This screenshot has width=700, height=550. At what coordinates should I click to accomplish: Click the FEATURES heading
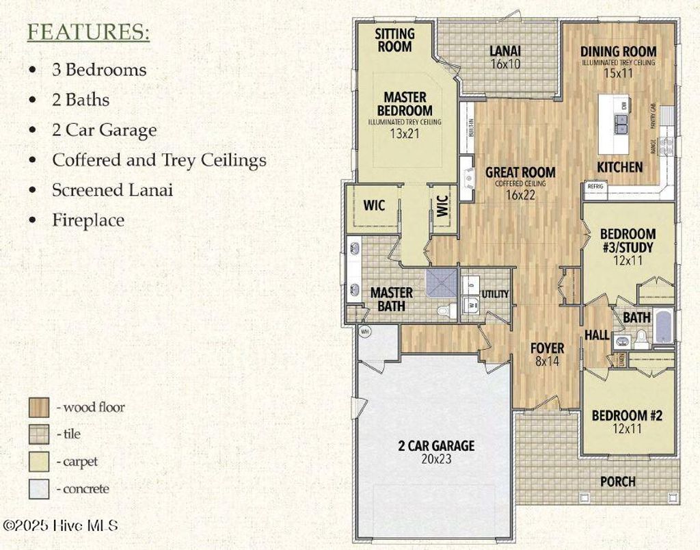pyautogui.click(x=88, y=33)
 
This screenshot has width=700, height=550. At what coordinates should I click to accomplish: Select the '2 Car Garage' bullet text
pyautogui.click(x=104, y=130)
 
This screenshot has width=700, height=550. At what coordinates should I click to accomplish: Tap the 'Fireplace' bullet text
pyautogui.click(x=88, y=220)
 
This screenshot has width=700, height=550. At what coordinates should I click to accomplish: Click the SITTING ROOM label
pyautogui.click(x=394, y=40)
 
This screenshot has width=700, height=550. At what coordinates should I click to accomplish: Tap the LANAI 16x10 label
pyautogui.click(x=505, y=57)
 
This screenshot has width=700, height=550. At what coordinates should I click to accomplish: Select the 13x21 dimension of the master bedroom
pyautogui.click(x=405, y=133)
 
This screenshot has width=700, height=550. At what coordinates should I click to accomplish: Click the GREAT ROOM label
pyautogui.click(x=520, y=172)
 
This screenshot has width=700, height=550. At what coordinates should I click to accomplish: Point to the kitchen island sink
pyautogui.click(x=623, y=124)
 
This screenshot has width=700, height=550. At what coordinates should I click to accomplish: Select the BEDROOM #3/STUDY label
pyautogui.click(x=628, y=240)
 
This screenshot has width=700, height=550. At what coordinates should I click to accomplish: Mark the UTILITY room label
pyautogui.click(x=495, y=294)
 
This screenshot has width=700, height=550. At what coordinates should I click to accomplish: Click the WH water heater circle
pyautogui.click(x=364, y=331)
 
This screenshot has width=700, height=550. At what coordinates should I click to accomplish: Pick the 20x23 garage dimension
pyautogui.click(x=436, y=459)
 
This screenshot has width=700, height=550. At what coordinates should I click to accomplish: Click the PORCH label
pyautogui.click(x=617, y=482)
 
